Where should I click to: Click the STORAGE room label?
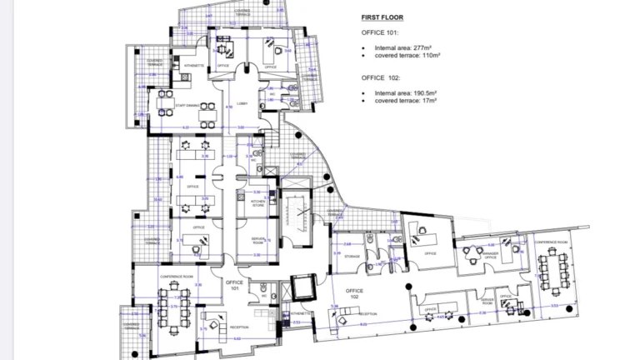tap(351, 257)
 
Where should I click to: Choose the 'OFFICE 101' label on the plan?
tap(234, 286)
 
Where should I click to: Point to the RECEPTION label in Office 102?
tap(367, 314)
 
